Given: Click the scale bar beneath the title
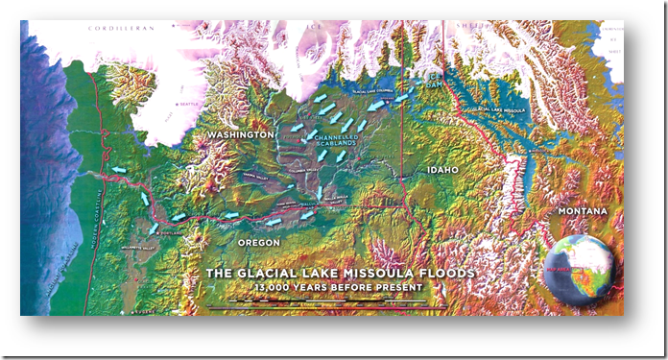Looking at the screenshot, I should click(326, 305).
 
